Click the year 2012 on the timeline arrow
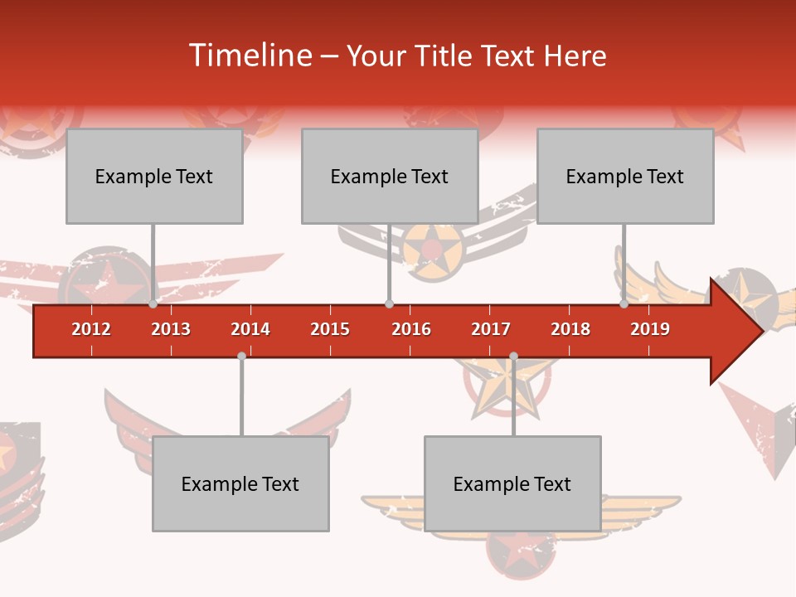pyautogui.click(x=91, y=329)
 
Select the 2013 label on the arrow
pyautogui.click(x=171, y=329)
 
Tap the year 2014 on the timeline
pyautogui.click(x=250, y=329)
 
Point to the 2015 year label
pyautogui.click(x=330, y=329)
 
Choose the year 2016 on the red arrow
pyautogui.click(x=411, y=329)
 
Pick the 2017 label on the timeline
pyautogui.click(x=491, y=329)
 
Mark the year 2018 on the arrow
pyautogui.click(x=570, y=329)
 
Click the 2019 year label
pyautogui.click(x=650, y=329)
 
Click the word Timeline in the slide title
pyautogui.click(x=249, y=56)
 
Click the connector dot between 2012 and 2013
pyautogui.click(x=153, y=304)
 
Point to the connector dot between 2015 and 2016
pyautogui.click(x=389, y=304)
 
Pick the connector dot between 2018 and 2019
pyautogui.click(x=624, y=304)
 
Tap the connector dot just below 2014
pyautogui.click(x=241, y=357)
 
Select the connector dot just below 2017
pyautogui.click(x=513, y=357)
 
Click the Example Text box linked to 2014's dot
pyautogui.click(x=240, y=483)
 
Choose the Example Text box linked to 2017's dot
pyautogui.click(x=512, y=483)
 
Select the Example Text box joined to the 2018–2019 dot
pyautogui.click(x=625, y=176)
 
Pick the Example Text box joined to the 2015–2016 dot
pyautogui.click(x=390, y=176)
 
